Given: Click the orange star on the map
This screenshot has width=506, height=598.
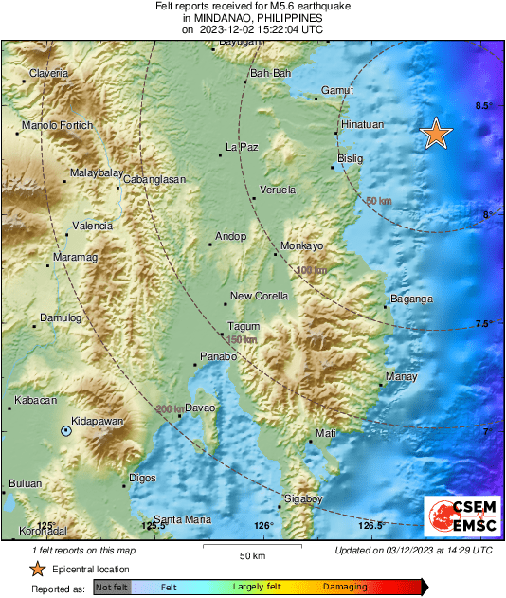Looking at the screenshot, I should point(435,134).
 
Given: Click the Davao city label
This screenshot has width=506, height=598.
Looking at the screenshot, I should point(199,408).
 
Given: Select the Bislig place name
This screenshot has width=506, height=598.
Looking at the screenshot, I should point(351,158).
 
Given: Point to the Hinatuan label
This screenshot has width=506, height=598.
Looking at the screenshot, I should point(361,124).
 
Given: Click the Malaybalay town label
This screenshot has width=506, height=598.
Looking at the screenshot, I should point(97,173).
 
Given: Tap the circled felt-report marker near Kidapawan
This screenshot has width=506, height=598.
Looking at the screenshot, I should point(65,431).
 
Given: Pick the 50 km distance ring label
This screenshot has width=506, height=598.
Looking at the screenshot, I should point(378,201).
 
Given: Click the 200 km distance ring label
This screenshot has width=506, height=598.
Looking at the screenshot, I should point(170,408).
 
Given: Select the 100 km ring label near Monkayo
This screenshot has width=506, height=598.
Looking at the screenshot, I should point(311,270).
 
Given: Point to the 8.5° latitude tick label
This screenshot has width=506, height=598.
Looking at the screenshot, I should point(483,106).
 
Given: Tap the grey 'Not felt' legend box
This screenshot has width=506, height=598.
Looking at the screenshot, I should point(111,588).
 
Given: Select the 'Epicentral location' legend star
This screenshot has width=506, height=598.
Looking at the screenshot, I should point(37,569).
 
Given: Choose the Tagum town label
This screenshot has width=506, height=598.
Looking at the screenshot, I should point(244,326).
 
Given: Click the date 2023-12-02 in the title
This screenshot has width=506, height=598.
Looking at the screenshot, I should point(231,29).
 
